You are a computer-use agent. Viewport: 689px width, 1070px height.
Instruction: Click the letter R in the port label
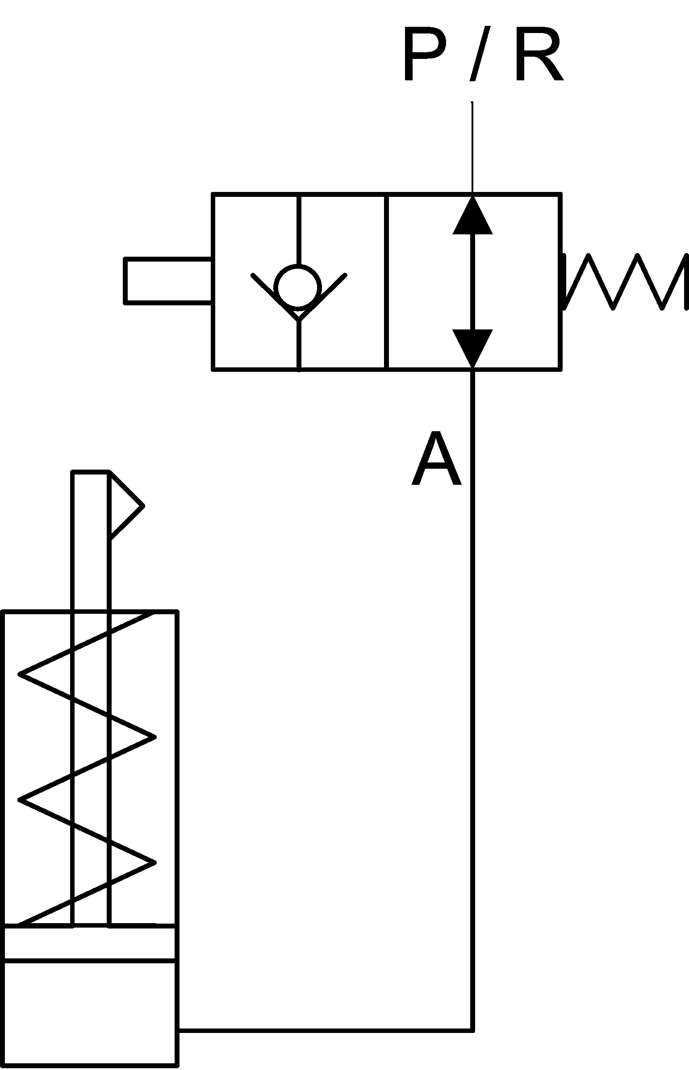(539, 54)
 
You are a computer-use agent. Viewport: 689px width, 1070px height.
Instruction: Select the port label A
(436, 458)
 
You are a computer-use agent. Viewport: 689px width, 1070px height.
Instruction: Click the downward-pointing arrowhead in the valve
(472, 349)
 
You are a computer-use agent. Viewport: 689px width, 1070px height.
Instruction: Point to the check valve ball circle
(298, 287)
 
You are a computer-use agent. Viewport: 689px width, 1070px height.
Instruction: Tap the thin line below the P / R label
(472, 148)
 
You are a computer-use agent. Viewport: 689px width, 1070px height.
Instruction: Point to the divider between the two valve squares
(387, 282)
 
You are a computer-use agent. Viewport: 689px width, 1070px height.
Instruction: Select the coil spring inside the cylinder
(87, 769)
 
